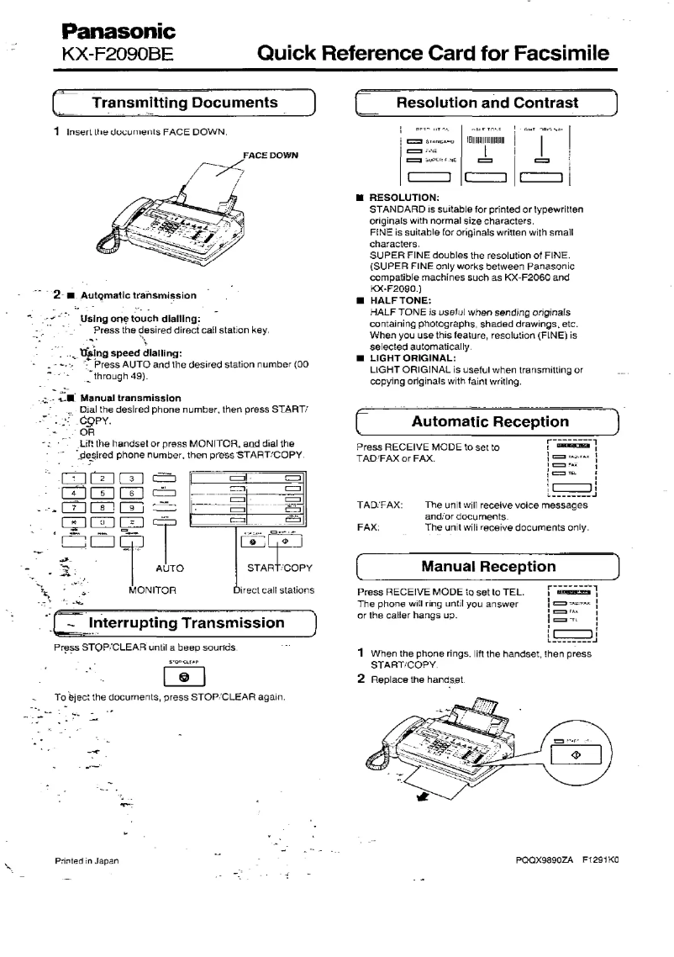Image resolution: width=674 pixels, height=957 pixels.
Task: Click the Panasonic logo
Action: click(117, 32)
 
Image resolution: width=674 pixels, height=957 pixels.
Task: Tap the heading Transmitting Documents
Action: click(184, 103)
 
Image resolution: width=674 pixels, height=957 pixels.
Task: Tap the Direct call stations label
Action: click(273, 590)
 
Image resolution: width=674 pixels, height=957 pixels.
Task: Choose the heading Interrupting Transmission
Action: click(187, 623)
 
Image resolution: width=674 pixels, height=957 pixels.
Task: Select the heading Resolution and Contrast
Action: click(487, 103)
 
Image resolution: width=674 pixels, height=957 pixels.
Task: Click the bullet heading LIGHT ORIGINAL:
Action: click(411, 357)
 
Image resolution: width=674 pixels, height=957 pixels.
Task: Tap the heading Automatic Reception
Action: click(489, 421)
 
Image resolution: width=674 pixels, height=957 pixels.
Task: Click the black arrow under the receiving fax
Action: click(422, 793)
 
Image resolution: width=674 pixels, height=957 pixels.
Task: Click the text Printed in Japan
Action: click(87, 860)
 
